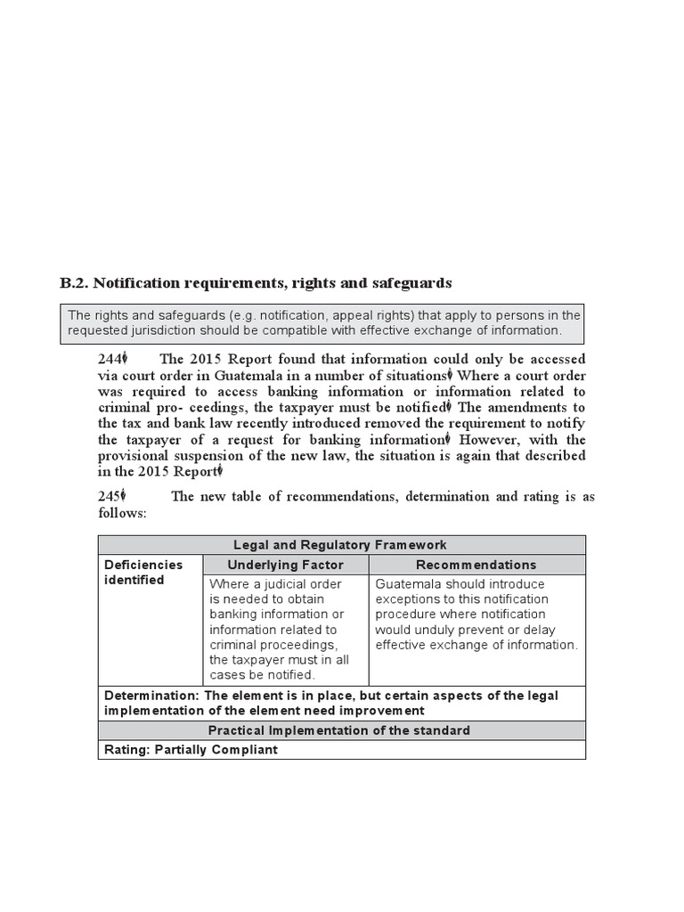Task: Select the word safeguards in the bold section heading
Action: coord(411,283)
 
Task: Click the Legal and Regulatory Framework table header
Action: coord(340,544)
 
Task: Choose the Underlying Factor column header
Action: coord(285,565)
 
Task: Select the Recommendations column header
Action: coord(477,565)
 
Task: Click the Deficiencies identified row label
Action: coord(142,572)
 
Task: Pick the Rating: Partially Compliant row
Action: coord(191,749)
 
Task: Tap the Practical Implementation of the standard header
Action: coord(340,730)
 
